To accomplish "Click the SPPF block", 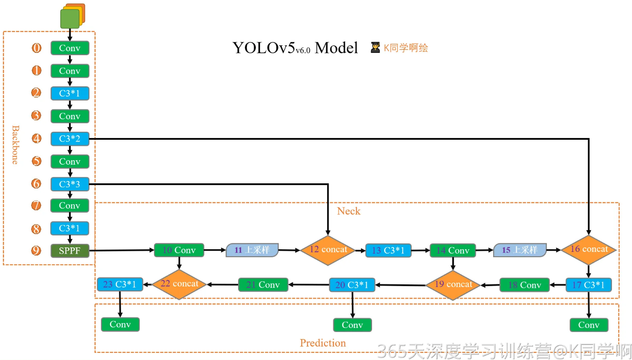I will (70, 251).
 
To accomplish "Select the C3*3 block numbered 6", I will (70, 184).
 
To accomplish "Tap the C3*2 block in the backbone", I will (70, 139).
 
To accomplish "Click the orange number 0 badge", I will (36, 48).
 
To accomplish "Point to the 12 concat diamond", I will (328, 250).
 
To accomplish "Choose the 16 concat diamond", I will (588, 250).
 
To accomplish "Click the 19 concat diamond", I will (453, 285).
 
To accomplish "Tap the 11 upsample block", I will (252, 250).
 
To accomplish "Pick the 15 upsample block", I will (520, 250).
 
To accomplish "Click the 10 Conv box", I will (179, 250).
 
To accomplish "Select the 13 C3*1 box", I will (388, 251).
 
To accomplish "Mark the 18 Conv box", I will (524, 285).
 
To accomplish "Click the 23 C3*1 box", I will (120, 284).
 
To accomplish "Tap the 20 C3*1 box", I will (352, 285).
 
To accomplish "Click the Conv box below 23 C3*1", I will (120, 324).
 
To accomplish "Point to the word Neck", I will (348, 211).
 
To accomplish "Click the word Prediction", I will (323, 343).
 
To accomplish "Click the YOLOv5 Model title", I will (295, 48).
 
